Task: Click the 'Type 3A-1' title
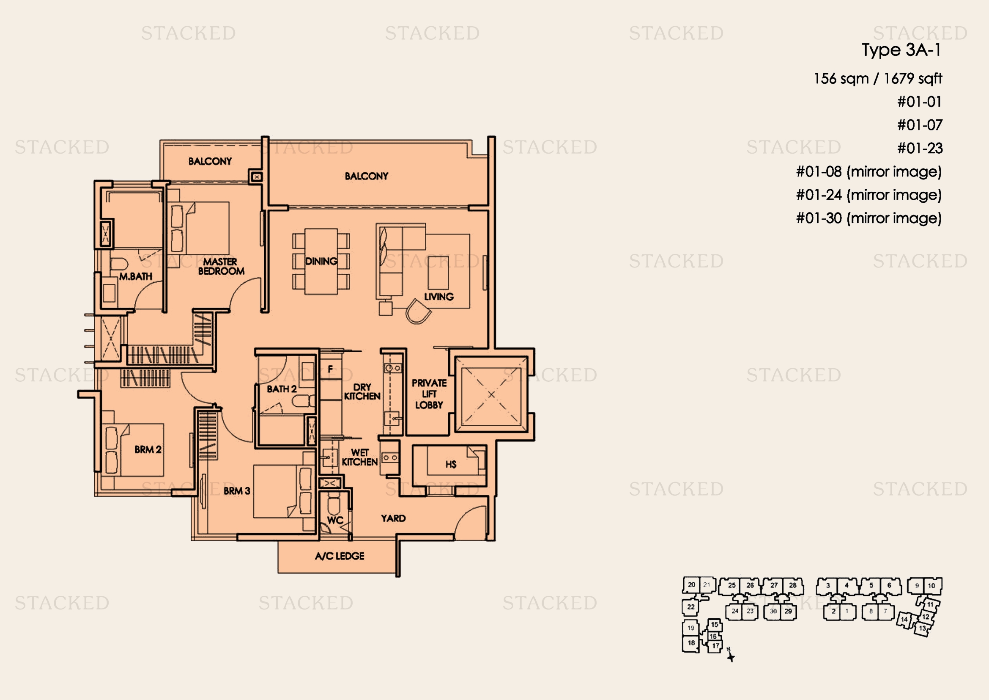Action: pos(901,50)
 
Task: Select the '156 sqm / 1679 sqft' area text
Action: pos(877,78)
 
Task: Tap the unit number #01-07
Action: pos(920,125)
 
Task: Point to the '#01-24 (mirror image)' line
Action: pos(868,195)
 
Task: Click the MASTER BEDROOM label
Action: pos(221,266)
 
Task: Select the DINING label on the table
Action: pos(321,261)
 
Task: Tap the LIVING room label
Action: pos(438,297)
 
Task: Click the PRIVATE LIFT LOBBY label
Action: pos(429,394)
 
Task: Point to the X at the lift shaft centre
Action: pos(491,394)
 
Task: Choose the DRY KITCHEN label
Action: pos(362,392)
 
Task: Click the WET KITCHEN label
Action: pos(360,457)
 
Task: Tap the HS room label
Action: pos(451,464)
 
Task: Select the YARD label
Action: pos(393,518)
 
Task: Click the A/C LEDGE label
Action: pos(340,556)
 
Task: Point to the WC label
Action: pos(335,520)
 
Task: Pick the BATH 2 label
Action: pos(281,389)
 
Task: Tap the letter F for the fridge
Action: pos(330,369)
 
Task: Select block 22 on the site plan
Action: pos(690,607)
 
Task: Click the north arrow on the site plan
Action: pos(731,655)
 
